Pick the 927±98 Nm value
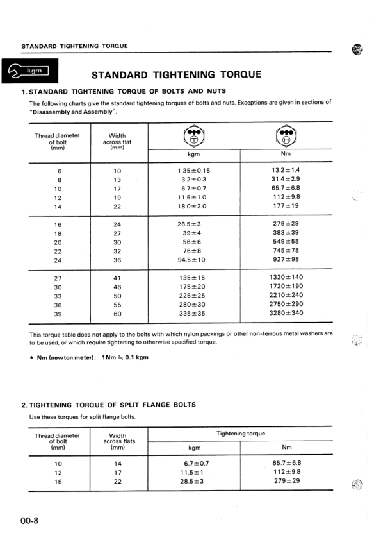[x=286, y=260]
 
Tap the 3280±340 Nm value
[x=286, y=314]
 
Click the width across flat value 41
[x=117, y=278]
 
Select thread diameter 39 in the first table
[x=58, y=314]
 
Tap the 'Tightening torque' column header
[x=241, y=434]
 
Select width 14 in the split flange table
[x=117, y=464]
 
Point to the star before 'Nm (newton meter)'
[x=32, y=357]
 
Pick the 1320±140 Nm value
[x=286, y=278]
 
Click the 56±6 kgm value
[x=193, y=242]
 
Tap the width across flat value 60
[x=117, y=314]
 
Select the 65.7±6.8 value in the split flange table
[x=287, y=463]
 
